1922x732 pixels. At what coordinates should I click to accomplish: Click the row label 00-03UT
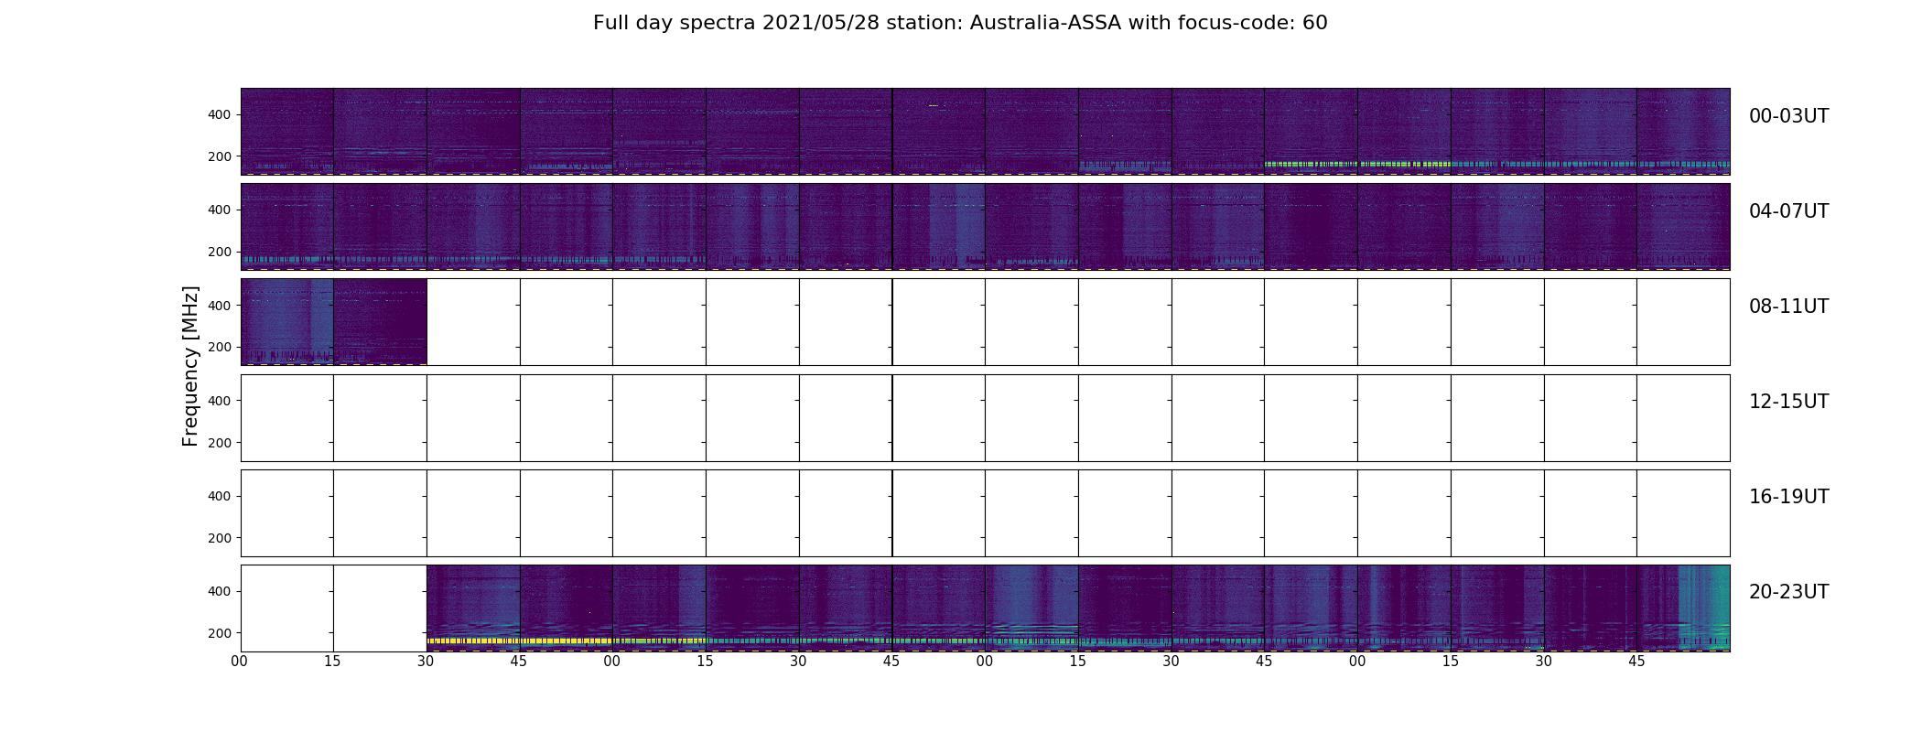coord(1788,116)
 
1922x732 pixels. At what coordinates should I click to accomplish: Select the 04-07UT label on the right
coord(1788,211)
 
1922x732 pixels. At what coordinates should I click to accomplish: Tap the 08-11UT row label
coord(1788,307)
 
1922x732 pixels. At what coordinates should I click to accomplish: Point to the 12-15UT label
coord(1788,402)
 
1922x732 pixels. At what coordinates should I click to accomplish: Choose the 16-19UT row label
coord(1788,497)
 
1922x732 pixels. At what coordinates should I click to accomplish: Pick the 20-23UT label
coord(1788,592)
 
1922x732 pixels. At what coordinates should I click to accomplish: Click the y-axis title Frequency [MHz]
coord(190,366)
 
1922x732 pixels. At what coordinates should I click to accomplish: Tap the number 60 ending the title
coord(1314,23)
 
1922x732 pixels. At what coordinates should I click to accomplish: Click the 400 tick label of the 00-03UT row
coord(220,114)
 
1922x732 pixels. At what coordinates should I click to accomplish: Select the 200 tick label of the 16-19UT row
coord(220,538)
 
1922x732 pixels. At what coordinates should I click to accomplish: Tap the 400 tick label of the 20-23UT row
coord(220,591)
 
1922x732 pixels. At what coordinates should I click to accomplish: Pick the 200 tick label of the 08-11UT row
coord(220,348)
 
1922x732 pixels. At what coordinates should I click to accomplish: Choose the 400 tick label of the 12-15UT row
coord(220,401)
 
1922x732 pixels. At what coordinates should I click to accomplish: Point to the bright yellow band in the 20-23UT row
coord(513,640)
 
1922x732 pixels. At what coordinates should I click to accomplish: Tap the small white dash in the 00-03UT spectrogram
coord(934,106)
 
